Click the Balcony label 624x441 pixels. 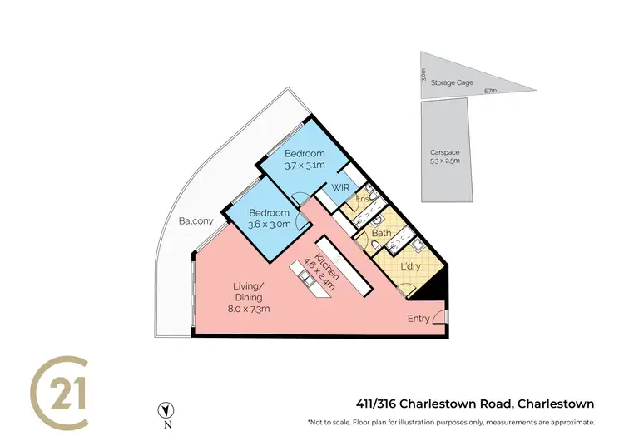click(x=196, y=221)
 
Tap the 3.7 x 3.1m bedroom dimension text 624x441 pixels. click(x=305, y=166)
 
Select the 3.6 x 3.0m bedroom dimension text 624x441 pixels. click(x=270, y=224)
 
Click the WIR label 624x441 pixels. click(x=340, y=188)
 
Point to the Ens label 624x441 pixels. click(x=362, y=200)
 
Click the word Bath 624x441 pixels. click(x=382, y=234)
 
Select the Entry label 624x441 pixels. click(x=419, y=319)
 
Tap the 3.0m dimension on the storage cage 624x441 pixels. click(x=424, y=79)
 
